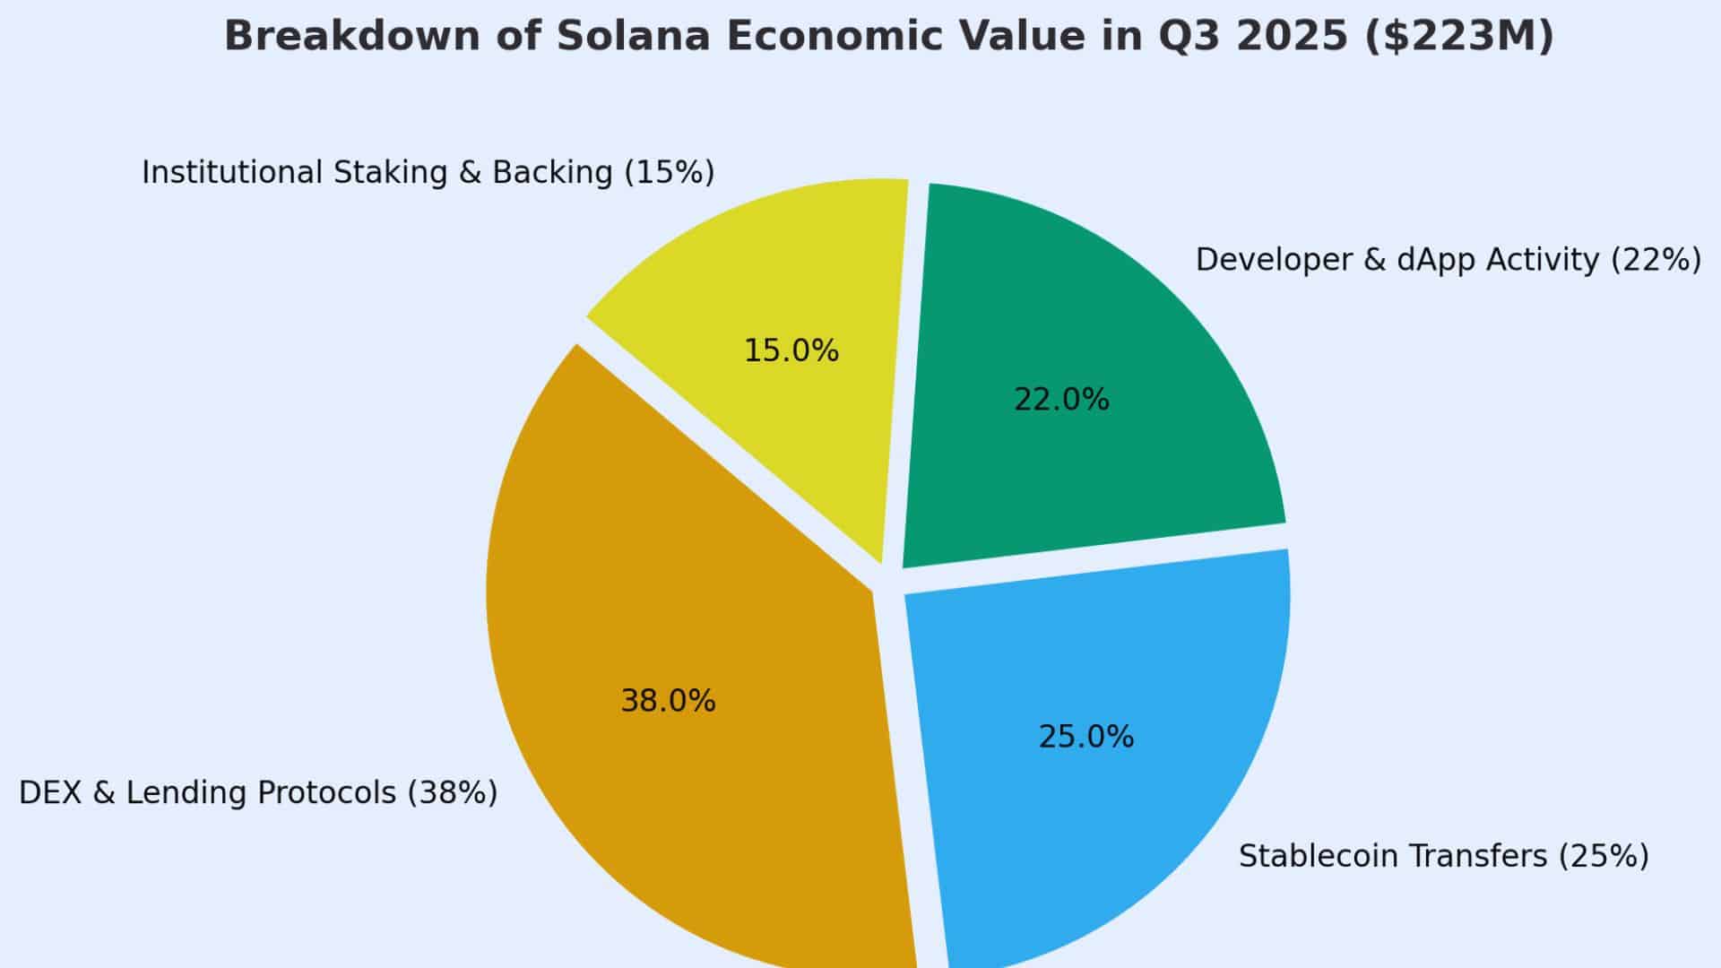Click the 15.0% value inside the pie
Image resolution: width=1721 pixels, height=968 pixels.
(791, 350)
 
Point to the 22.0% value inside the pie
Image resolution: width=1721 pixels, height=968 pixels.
(1061, 400)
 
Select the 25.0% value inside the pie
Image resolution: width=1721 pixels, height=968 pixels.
(1085, 737)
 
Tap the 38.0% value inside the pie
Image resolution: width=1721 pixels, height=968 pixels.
(668, 701)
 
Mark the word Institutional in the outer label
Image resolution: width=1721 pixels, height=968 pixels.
(231, 172)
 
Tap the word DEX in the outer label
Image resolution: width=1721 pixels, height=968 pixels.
(50, 793)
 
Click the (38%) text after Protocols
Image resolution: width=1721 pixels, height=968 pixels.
(453, 793)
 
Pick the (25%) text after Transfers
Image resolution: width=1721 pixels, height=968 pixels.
(1604, 857)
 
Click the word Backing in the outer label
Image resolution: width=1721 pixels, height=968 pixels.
(552, 172)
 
